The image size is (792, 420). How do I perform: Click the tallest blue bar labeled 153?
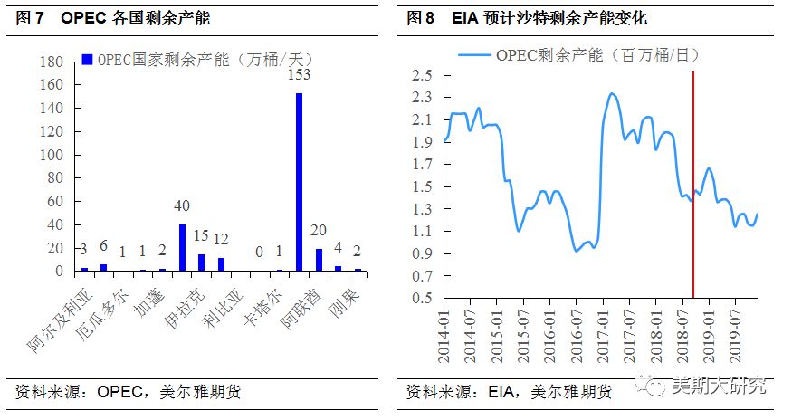(x=299, y=182)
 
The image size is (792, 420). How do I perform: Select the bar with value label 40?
(x=182, y=247)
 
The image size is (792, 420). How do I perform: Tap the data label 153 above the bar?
(x=299, y=75)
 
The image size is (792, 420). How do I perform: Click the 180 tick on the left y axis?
(x=52, y=62)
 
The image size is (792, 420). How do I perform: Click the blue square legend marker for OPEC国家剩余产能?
(x=87, y=59)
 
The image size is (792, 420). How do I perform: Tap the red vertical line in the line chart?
(x=693, y=181)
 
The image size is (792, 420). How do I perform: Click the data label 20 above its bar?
(x=319, y=232)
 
